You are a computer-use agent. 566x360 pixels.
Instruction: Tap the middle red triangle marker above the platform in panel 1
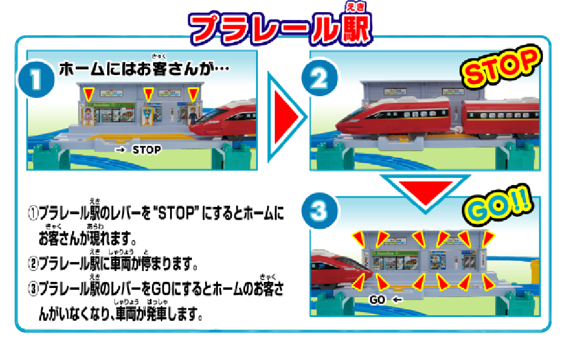[x=147, y=94]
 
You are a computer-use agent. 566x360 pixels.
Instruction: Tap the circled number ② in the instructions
[x=34, y=264]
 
